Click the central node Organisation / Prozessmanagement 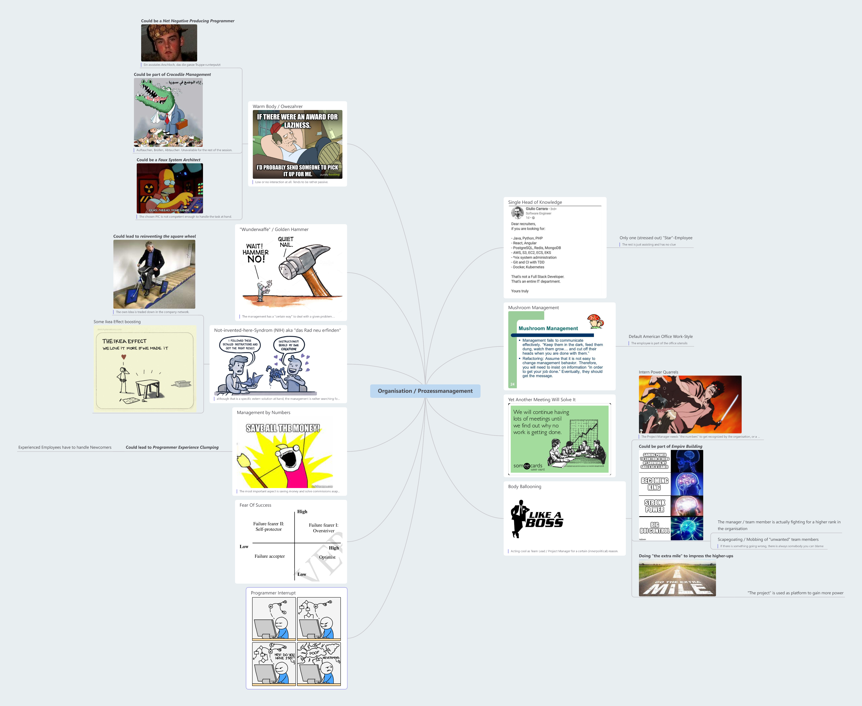point(425,391)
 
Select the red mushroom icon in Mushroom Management point(595,320)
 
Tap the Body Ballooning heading point(525,486)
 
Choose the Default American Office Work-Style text point(660,336)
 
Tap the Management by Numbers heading point(263,412)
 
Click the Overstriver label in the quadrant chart point(324,531)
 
